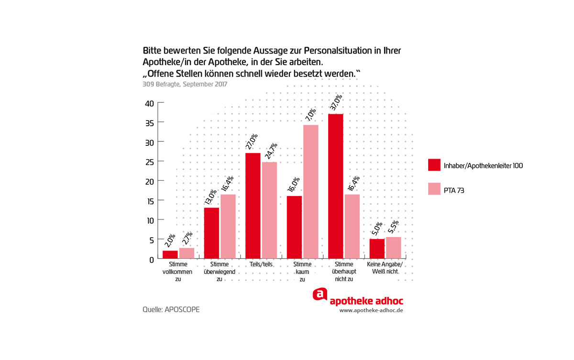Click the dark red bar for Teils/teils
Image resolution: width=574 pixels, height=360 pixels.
(x=253, y=206)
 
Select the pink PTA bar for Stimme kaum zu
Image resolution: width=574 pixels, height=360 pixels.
(x=311, y=192)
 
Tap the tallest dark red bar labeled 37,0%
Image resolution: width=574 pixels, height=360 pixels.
(x=336, y=186)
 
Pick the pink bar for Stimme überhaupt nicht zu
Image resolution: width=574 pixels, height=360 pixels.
(x=352, y=227)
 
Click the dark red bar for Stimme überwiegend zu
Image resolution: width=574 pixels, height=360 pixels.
(x=211, y=233)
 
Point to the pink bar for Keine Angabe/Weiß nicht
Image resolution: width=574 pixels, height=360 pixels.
(x=393, y=248)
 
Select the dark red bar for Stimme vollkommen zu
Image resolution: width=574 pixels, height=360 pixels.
(x=170, y=255)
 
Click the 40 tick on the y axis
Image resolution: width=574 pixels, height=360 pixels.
(x=149, y=103)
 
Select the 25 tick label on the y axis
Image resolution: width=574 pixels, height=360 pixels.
(x=149, y=162)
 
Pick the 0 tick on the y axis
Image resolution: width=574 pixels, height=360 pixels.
(x=151, y=260)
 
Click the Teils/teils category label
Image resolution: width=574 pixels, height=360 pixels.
(x=261, y=264)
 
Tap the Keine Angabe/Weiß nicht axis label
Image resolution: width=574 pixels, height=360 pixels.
(x=385, y=268)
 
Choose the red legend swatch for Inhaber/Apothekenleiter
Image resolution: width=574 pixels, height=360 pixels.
(x=434, y=165)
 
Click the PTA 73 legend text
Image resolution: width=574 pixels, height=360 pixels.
(x=454, y=190)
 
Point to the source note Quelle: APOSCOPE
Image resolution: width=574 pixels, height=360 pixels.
(x=171, y=309)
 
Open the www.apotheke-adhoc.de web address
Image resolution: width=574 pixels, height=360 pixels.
(x=371, y=310)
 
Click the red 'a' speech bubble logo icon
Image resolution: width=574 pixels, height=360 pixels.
(x=320, y=295)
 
